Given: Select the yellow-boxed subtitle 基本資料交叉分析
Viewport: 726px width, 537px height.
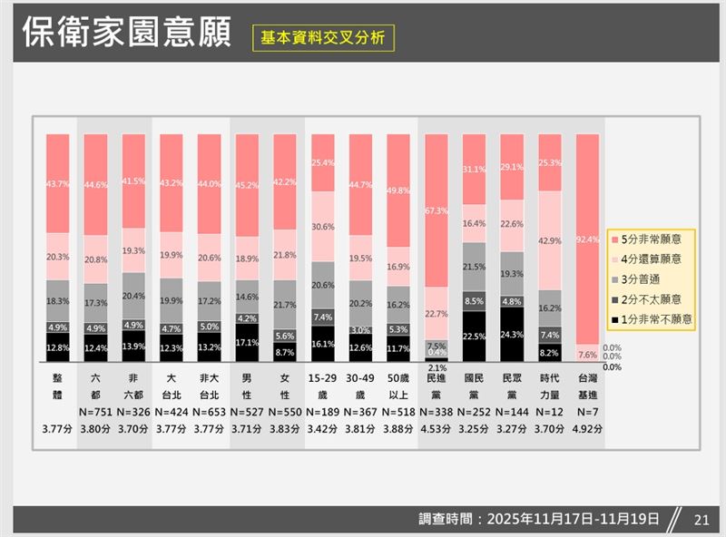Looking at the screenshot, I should point(323,38).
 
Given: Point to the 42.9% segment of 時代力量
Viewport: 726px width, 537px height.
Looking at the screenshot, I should point(551,240).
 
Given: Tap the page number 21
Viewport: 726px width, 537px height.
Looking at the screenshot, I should point(700,520).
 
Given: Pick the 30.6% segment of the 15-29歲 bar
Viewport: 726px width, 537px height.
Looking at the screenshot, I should point(323,227).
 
